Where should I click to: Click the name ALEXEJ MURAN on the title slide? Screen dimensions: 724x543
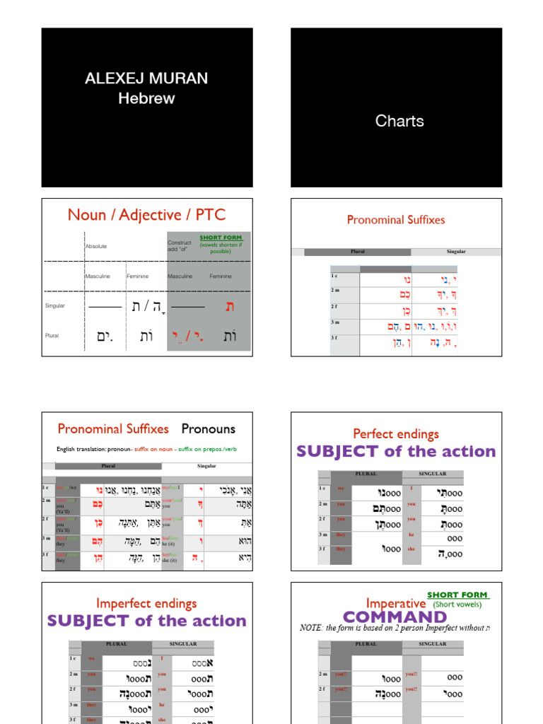click(146, 78)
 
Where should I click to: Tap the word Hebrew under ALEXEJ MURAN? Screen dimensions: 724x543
click(146, 98)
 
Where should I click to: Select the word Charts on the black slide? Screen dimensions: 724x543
click(399, 121)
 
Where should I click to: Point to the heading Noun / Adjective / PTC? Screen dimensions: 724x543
click(147, 215)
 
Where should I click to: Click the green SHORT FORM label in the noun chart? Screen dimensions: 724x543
click(221, 238)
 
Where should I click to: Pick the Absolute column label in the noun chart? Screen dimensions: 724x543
click(96, 246)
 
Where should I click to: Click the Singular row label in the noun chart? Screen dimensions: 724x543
click(55, 305)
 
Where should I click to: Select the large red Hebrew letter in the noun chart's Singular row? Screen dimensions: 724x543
click(229, 305)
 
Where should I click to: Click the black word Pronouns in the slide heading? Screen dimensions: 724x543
click(208, 428)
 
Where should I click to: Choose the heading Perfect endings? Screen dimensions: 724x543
click(396, 433)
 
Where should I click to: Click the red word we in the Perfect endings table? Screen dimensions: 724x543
click(341, 488)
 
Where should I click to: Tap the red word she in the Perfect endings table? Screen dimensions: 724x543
click(411, 549)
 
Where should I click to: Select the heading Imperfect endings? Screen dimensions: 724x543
click(146, 603)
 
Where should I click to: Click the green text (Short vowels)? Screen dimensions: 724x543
click(457, 605)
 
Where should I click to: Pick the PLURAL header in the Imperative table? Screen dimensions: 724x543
click(366, 644)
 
